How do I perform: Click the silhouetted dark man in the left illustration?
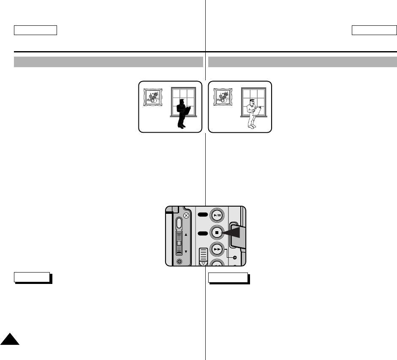[182, 112]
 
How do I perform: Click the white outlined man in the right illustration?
[252, 112]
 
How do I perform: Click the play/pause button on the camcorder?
[217, 215]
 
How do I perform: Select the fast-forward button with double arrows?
[217, 250]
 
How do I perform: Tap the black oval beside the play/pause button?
[203, 215]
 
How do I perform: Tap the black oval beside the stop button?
[203, 233]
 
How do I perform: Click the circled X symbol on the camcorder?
[186, 215]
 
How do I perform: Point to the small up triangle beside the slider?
[186, 234]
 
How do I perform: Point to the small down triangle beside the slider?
[186, 251]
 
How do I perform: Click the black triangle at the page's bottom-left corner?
[9, 338]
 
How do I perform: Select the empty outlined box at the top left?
[35, 30]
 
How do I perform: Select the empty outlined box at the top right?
[373, 30]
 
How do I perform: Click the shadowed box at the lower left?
[32, 278]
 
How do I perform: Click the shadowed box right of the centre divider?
[228, 278]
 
